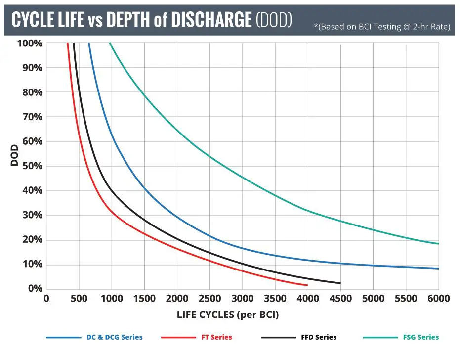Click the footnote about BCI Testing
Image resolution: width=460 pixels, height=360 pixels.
382,27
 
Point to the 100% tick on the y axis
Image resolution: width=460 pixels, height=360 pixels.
30,43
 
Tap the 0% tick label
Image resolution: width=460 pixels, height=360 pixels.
34,289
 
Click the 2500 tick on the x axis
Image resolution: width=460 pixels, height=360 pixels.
209,299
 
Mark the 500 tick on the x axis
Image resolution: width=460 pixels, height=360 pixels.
79,299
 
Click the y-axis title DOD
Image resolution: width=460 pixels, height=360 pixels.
14,155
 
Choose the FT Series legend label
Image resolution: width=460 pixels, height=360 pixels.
216,337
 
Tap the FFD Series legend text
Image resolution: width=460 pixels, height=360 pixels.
319,337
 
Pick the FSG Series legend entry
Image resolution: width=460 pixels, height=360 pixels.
421,337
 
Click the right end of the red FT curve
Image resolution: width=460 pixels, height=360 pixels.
307,285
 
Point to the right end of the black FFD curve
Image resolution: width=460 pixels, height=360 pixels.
340,283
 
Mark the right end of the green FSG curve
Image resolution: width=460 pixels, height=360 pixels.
438,243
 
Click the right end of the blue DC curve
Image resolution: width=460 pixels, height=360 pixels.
438,269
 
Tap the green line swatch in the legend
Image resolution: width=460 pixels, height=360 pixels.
380,337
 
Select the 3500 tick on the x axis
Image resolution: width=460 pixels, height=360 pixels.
275,299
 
